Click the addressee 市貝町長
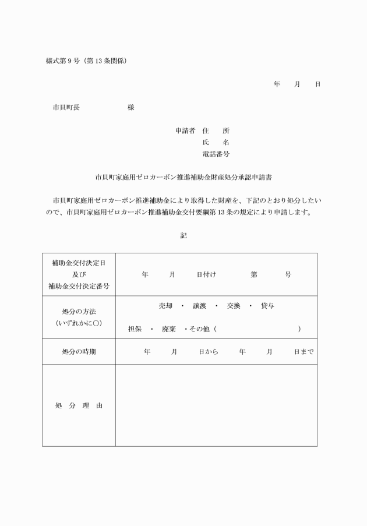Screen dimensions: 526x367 pos(66,108)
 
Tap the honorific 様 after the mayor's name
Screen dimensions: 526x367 pos(131,108)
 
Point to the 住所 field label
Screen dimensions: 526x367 pos(216,131)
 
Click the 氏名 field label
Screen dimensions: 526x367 pos(216,143)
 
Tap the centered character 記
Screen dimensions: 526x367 pos(183,235)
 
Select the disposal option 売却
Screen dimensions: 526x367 pos(165,306)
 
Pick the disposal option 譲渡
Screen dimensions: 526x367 pos(200,306)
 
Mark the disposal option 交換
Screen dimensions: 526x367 pos(234,306)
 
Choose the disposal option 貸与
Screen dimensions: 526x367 pos(268,306)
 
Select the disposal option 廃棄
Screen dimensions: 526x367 pos(169,329)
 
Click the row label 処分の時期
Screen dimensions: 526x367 pos(79,352)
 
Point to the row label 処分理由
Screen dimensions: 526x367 pos(79,405)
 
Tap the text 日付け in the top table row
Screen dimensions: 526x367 pos(206,274)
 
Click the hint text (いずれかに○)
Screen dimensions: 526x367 pos(79,323)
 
